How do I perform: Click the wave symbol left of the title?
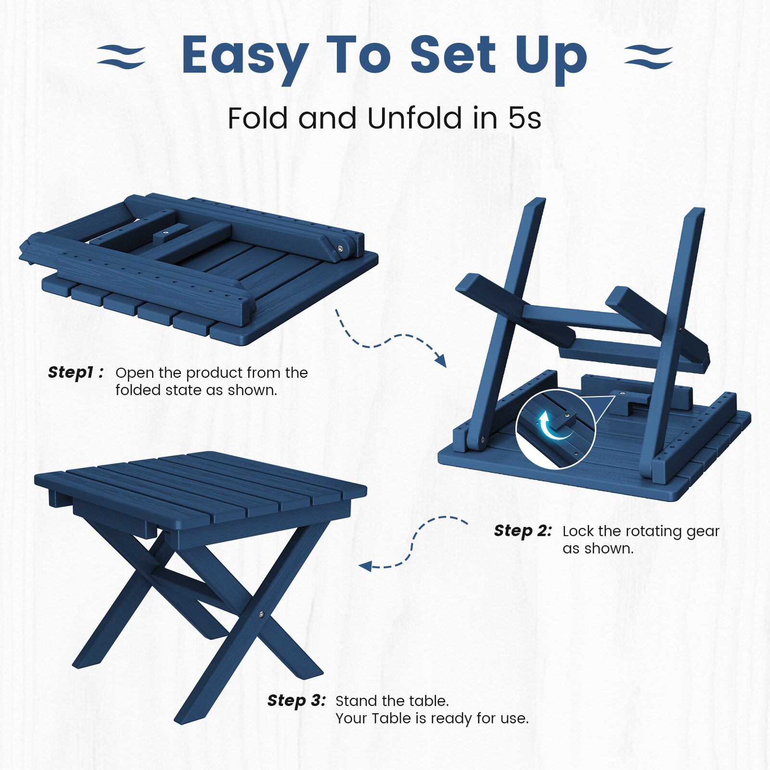coord(121,57)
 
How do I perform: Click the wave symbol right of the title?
coord(648,57)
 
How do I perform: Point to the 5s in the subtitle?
coord(525,118)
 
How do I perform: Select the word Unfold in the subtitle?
coord(414,118)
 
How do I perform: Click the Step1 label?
coord(76,372)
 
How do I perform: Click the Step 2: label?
coord(523,531)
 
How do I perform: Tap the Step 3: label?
coord(297,701)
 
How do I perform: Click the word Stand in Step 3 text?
coord(356,701)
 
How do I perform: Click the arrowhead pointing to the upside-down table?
coord(440,359)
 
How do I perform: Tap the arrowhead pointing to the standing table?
coord(366,566)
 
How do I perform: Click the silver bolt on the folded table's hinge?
coord(340,249)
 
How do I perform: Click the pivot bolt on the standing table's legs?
coord(261,615)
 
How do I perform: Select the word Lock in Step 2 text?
coord(578,531)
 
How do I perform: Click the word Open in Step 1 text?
coord(135,373)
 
